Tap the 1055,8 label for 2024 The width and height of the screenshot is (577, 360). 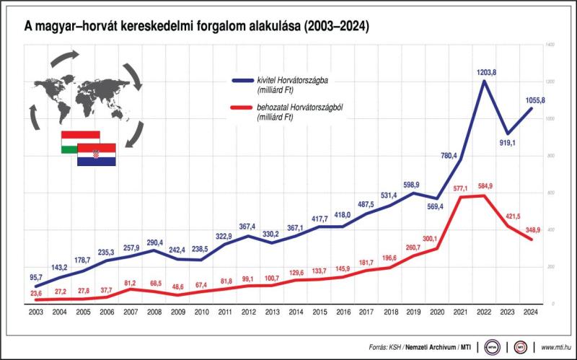[x=522, y=100]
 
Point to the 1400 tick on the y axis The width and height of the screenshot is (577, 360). [x=550, y=45]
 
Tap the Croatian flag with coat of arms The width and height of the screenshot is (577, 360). [x=97, y=154]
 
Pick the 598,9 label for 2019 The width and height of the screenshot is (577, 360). [x=411, y=184]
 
